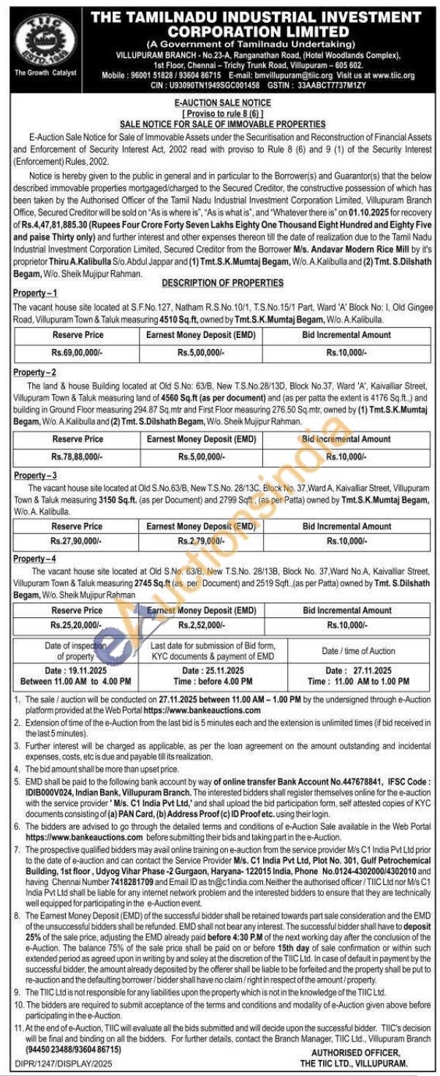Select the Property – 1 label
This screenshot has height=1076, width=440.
click(x=35, y=293)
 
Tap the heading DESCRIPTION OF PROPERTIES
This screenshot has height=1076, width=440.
click(x=222, y=282)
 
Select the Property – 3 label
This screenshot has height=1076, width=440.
click(x=35, y=475)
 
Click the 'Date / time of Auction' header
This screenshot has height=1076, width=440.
click(x=358, y=650)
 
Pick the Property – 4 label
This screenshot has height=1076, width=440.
click(x=35, y=560)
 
